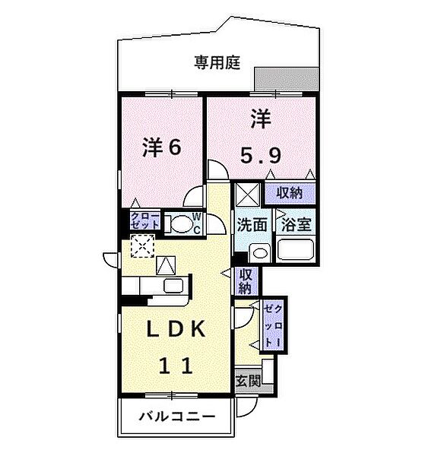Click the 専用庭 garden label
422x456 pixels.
tap(217, 64)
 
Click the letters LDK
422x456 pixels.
tap(176, 330)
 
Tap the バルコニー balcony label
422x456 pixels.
tap(176, 416)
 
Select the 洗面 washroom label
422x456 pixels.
tap(250, 225)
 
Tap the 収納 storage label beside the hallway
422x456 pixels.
tap(246, 281)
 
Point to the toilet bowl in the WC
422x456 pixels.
tap(181, 224)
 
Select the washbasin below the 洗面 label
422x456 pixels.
tap(259, 253)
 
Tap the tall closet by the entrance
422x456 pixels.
tap(272, 325)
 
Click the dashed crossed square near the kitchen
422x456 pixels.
tap(141, 245)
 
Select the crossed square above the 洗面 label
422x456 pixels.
tap(246, 195)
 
